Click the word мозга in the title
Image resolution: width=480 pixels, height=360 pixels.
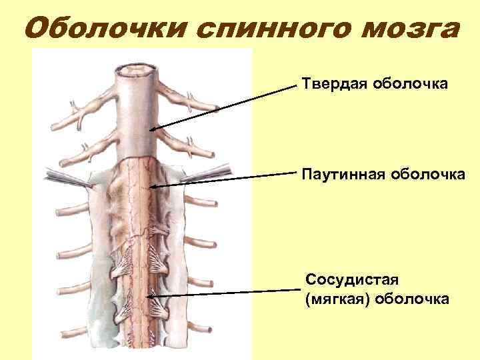click(407, 29)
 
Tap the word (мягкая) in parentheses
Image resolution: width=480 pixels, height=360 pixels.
click(338, 299)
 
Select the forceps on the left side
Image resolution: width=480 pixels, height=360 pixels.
click(64, 177)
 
